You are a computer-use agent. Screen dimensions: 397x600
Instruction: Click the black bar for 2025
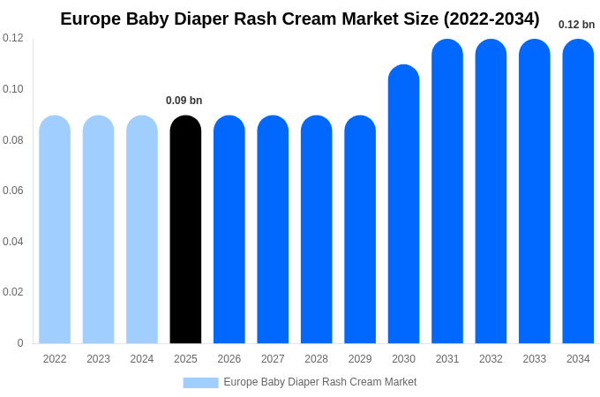(x=185, y=229)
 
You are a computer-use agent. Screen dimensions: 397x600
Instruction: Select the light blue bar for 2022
(x=55, y=229)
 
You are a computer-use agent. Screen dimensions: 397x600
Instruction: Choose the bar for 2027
(x=273, y=229)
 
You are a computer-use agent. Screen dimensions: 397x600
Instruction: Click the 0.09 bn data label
(x=184, y=101)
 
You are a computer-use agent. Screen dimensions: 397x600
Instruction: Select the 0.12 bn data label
(x=576, y=25)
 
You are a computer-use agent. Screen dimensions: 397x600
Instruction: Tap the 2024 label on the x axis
(x=142, y=359)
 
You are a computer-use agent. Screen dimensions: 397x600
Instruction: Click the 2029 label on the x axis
(x=360, y=359)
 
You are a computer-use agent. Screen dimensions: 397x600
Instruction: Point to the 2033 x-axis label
(x=534, y=359)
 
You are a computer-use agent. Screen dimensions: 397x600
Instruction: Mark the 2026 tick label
(x=229, y=359)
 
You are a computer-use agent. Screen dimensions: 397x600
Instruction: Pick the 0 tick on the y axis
(x=20, y=343)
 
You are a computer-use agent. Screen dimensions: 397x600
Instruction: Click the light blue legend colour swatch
(x=200, y=383)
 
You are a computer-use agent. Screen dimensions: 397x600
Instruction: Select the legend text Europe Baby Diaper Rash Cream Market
(x=319, y=382)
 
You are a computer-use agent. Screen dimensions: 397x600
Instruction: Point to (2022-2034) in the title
(x=491, y=19)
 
